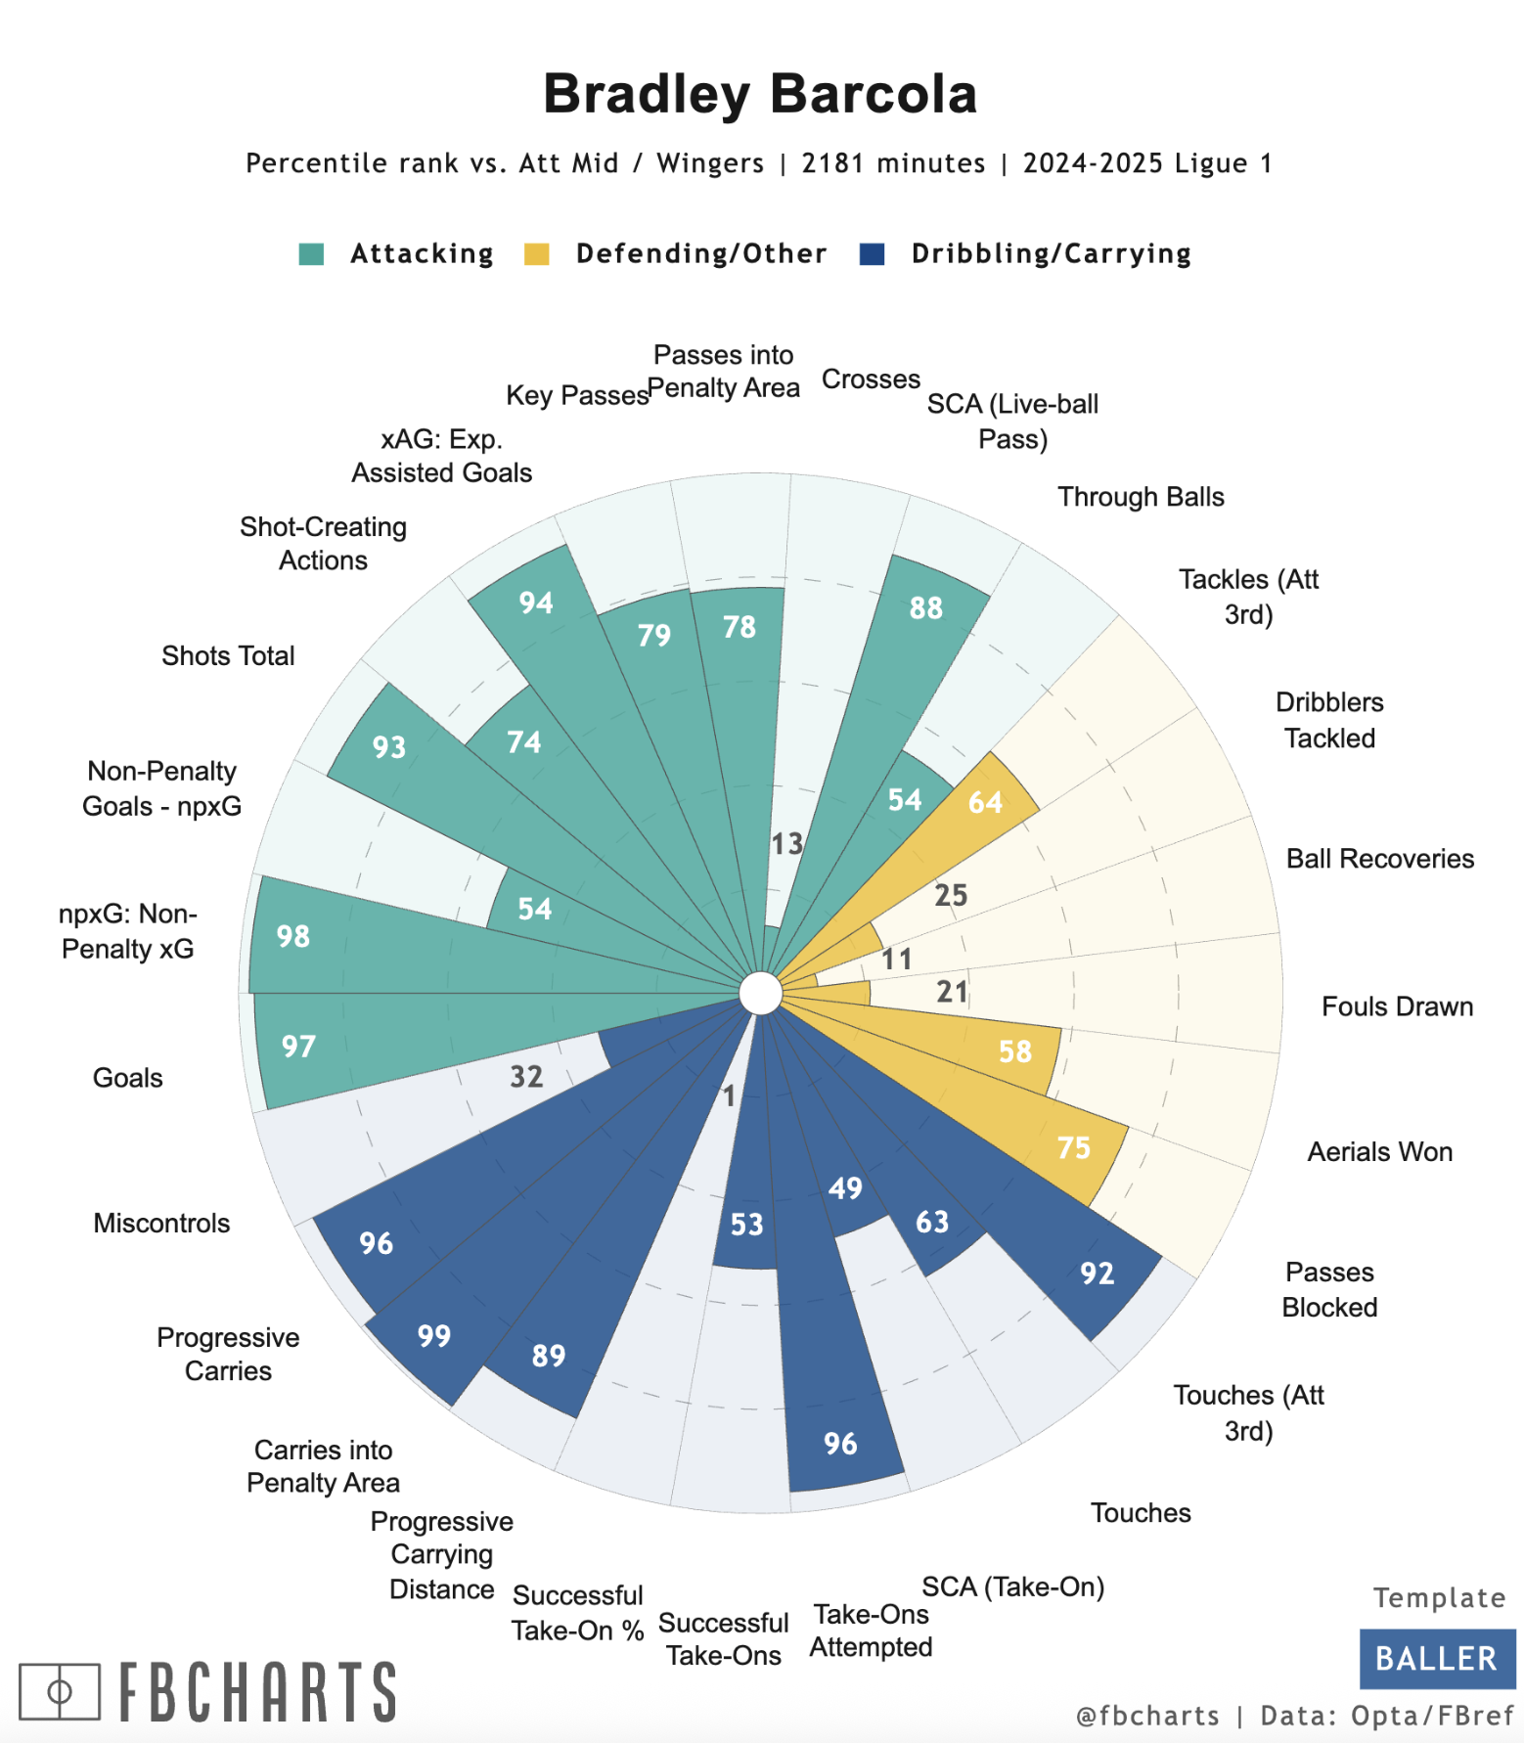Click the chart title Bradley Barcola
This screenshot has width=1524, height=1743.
tap(760, 94)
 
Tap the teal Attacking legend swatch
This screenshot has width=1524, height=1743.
tap(311, 253)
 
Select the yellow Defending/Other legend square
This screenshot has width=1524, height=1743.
tap(537, 253)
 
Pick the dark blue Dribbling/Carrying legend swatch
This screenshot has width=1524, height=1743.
tap(872, 253)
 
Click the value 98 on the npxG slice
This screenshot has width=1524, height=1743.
tap(292, 936)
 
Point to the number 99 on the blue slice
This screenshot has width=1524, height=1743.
tap(433, 1335)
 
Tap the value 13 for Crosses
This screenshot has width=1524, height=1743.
tap(786, 843)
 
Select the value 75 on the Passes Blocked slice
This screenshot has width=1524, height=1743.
tap(1073, 1147)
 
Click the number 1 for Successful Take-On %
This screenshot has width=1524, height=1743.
tap(728, 1095)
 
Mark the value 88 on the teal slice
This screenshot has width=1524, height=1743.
tap(925, 607)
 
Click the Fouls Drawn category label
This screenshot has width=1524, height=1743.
tap(1397, 1006)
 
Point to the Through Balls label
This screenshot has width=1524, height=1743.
tap(1141, 497)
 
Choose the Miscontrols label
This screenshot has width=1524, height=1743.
tap(161, 1223)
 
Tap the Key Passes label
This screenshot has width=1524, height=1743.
tap(577, 395)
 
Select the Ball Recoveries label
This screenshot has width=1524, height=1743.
tap(1379, 859)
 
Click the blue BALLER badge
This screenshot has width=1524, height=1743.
tap(1436, 1659)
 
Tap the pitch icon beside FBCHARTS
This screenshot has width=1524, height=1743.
tap(60, 1691)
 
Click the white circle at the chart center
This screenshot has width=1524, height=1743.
tap(760, 994)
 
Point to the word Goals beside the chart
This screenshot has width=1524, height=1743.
tap(127, 1078)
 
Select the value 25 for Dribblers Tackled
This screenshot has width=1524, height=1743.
tap(950, 895)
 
